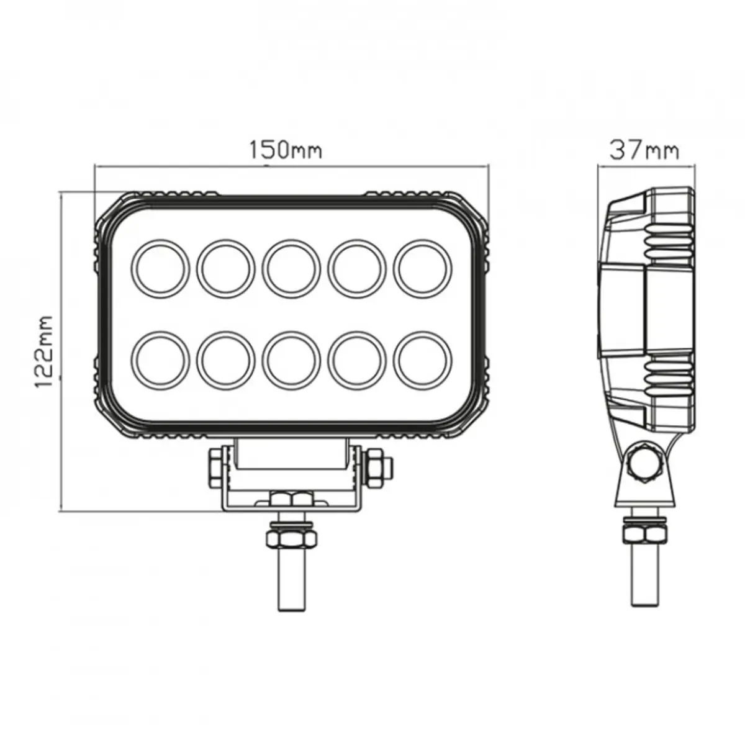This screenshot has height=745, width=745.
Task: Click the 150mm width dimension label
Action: pos(286,150)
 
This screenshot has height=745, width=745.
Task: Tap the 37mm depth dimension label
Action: pos(644,150)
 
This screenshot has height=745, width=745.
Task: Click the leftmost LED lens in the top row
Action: pos(161,268)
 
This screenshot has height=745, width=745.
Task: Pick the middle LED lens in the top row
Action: pos(291,268)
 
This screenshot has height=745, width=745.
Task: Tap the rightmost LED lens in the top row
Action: pos(423,268)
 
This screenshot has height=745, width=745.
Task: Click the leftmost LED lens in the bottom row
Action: pos(161,362)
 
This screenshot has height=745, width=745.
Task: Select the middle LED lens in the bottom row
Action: pos(291,362)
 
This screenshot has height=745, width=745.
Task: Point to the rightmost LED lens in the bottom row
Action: pos(423,362)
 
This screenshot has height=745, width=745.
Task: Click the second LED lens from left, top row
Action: pos(226,268)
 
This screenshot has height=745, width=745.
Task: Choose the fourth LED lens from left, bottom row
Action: pos(357,362)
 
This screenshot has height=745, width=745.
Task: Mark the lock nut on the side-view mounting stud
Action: pos(646,534)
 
